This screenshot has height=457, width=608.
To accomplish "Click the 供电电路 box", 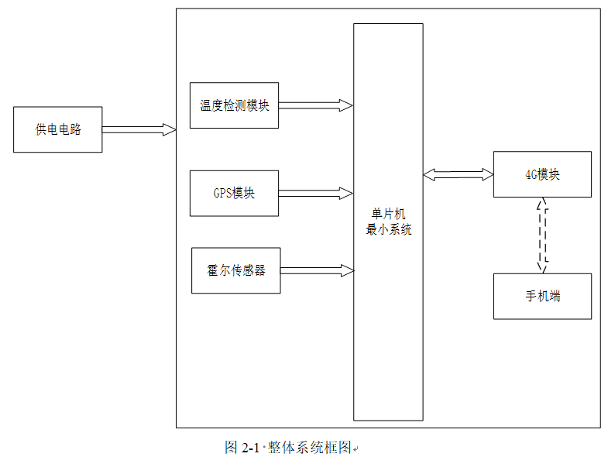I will (58, 129).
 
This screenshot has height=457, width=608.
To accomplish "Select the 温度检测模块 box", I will (234, 105).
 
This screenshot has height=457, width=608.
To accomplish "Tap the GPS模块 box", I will (234, 193).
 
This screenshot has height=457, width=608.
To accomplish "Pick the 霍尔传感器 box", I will (235, 270).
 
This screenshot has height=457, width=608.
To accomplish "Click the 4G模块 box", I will (542, 174).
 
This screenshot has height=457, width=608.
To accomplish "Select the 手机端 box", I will (542, 296).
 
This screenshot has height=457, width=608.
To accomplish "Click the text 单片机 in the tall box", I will (389, 215).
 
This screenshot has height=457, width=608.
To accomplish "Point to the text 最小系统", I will (389, 229).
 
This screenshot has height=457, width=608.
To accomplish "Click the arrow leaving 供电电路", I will (139, 129).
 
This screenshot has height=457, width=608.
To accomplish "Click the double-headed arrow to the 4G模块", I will (458, 175).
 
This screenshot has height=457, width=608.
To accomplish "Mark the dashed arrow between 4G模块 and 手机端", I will (542, 235).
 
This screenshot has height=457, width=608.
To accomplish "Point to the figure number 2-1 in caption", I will (252, 448).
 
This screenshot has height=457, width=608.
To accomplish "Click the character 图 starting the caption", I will (231, 448).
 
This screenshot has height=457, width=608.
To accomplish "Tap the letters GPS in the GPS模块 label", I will (222, 193).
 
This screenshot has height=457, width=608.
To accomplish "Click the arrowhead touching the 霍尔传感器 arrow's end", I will (348, 270).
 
